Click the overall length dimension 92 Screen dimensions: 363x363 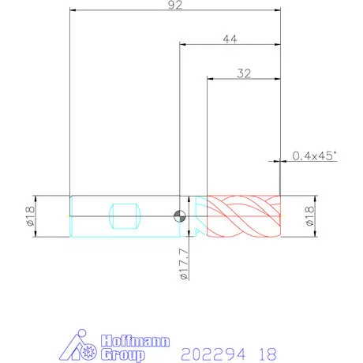click(175, 5)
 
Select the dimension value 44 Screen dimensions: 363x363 click(230, 39)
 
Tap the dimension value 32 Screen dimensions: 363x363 click(244, 73)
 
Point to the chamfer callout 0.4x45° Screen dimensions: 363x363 click(315, 155)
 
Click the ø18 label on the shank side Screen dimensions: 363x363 click(30, 216)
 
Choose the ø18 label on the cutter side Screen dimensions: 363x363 click(310, 216)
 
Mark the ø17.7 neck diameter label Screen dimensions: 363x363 click(185, 264)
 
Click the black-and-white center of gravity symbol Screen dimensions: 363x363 click(180, 216)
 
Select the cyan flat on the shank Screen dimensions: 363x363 click(125, 216)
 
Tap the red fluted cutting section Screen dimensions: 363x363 click(244, 216)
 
